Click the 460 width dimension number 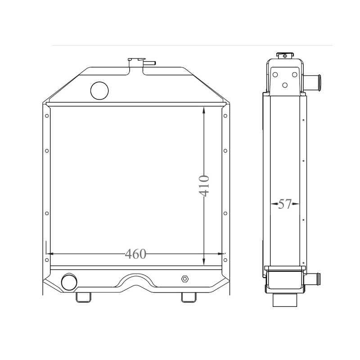tap(135, 254)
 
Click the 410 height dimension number tap(204, 186)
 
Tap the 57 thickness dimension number tap(285, 204)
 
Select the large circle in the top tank tap(99, 91)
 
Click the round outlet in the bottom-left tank tap(69, 282)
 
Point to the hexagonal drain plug tap(185, 279)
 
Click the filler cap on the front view tap(136, 60)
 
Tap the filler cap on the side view tap(285, 55)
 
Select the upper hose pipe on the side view tap(312, 80)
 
